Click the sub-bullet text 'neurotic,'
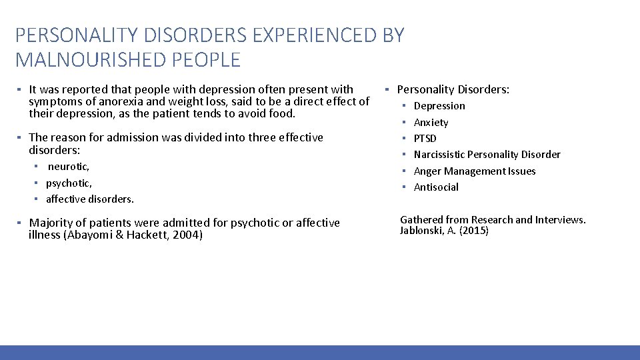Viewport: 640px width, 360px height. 68,167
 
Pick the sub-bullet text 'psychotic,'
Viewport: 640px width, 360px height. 69,183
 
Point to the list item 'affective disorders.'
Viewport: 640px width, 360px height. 90,199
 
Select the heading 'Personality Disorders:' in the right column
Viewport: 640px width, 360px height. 453,89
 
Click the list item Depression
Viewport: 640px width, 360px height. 439,106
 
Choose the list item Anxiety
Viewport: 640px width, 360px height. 431,122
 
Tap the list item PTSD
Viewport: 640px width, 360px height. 425,139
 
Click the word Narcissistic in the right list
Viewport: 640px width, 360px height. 441,155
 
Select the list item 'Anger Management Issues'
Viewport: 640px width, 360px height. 475,171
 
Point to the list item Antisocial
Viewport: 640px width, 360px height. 436,187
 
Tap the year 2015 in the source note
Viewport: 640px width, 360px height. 474,231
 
